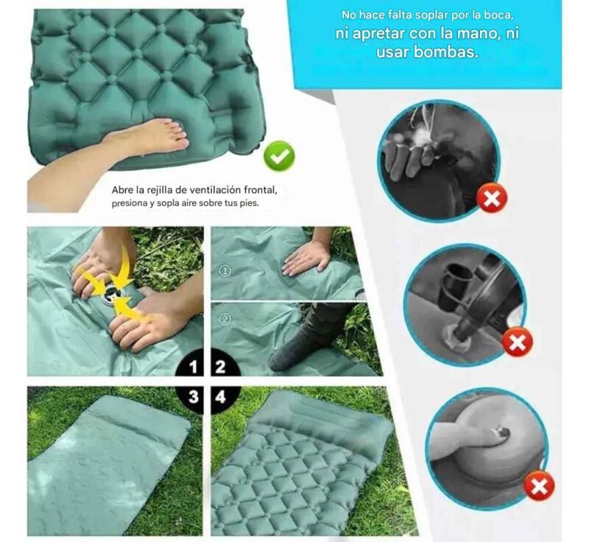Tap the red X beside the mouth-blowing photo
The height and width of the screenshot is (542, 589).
click(x=492, y=198)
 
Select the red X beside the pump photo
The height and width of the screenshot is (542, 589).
click(x=518, y=342)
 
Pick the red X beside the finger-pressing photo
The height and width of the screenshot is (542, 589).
click(x=539, y=487)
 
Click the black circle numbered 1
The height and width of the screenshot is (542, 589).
click(x=192, y=367)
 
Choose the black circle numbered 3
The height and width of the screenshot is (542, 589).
click(x=192, y=397)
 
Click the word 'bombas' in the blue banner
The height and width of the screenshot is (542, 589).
click(x=446, y=52)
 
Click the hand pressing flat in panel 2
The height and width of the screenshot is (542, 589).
click(x=307, y=256)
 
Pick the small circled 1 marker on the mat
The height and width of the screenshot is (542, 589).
click(x=225, y=271)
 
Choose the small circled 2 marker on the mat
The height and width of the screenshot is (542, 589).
click(x=225, y=320)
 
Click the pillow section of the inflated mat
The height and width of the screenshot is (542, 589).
click(x=320, y=417)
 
